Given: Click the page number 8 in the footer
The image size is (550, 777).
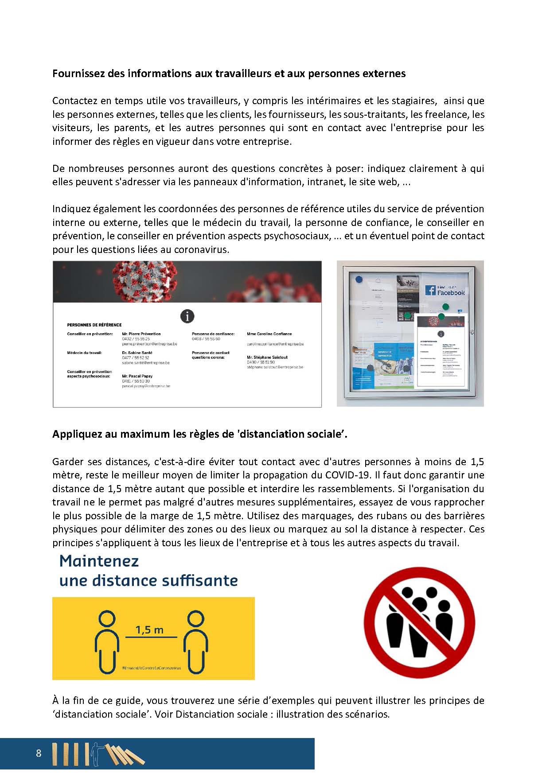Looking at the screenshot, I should [39, 753].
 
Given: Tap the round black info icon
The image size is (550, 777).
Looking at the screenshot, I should [187, 316].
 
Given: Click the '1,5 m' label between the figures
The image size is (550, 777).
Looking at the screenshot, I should [149, 629].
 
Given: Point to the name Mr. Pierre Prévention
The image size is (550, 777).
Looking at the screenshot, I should [141, 334].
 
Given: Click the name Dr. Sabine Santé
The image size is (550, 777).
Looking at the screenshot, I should [137, 353].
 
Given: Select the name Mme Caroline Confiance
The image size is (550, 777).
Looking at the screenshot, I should [269, 334].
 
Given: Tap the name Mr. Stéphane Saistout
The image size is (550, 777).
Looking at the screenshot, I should [267, 357].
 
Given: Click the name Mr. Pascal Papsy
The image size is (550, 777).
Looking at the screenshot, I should [137, 376].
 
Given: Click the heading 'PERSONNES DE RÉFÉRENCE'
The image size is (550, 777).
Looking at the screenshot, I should [94, 325].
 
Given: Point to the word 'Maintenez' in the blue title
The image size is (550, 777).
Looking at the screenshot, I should [99, 561].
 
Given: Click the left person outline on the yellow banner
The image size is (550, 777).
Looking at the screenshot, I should [107, 642].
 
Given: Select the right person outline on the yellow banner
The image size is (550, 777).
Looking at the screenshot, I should [195, 642].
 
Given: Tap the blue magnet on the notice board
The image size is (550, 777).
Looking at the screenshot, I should [359, 280].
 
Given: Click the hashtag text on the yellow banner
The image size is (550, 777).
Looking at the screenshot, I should [152, 668].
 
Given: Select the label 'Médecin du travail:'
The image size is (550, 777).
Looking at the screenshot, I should [84, 353].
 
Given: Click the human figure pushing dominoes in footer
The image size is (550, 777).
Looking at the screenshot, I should [95, 753].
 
